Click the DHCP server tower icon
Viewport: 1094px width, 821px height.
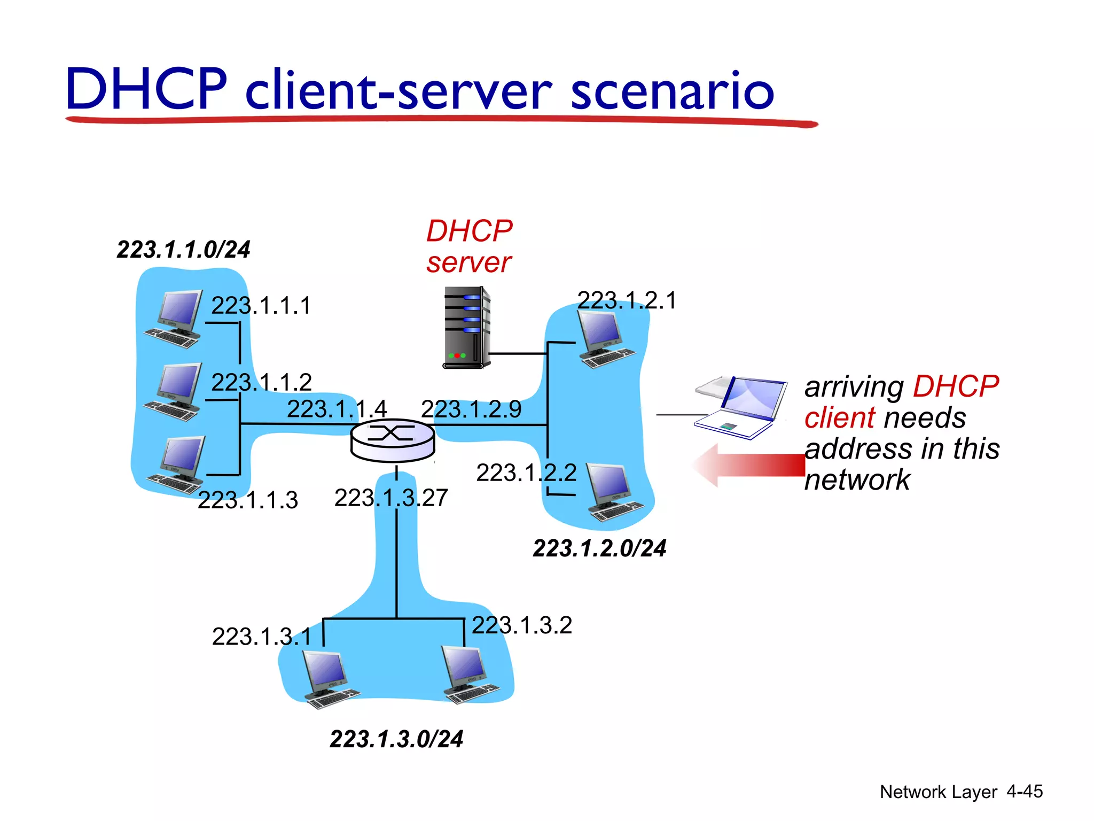(x=467, y=327)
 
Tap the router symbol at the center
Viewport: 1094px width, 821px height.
(x=393, y=440)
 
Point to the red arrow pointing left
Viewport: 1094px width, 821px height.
(x=748, y=465)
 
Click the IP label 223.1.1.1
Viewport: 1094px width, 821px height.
(x=261, y=306)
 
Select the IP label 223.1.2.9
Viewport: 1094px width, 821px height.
(x=471, y=409)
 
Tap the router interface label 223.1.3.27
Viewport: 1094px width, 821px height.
(x=391, y=498)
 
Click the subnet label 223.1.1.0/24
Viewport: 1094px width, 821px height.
(x=183, y=250)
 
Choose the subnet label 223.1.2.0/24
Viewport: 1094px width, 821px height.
(x=599, y=548)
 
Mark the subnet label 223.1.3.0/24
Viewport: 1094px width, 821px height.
(x=396, y=739)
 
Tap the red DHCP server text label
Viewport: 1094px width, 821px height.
(x=469, y=246)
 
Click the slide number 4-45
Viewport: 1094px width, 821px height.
(x=1024, y=792)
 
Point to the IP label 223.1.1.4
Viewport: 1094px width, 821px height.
(x=337, y=409)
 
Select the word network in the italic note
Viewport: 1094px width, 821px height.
(x=857, y=479)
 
